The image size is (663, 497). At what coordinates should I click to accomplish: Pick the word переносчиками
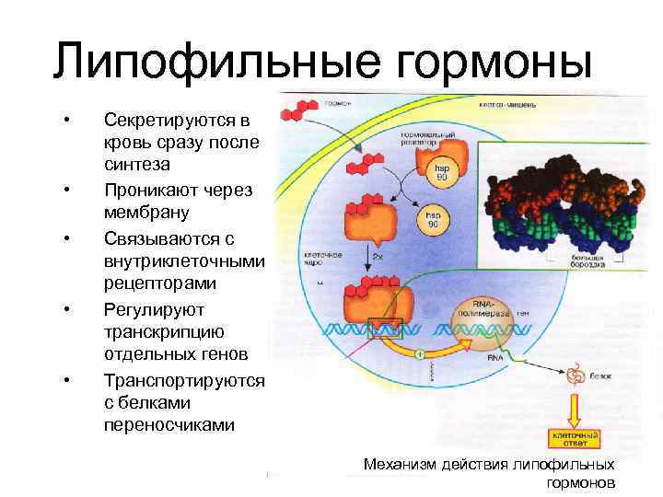click(169, 424)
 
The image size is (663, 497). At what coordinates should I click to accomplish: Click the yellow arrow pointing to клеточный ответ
click(576, 406)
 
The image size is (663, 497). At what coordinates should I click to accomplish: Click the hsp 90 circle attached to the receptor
click(442, 172)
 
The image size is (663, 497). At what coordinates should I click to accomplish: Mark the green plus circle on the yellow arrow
click(420, 353)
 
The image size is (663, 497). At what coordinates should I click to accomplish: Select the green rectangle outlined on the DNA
click(380, 329)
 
